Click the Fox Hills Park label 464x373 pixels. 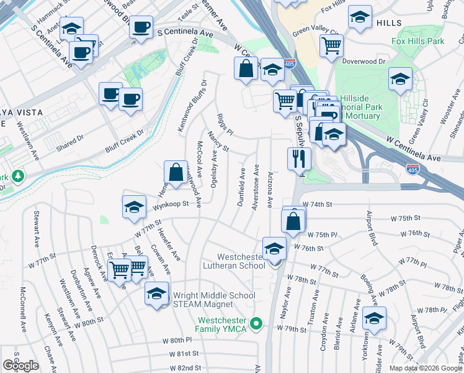click(x=418, y=41)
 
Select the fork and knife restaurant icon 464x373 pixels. click(x=299, y=159)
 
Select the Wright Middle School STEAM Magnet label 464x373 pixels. click(x=214, y=300)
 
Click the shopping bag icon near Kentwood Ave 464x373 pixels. click(x=176, y=172)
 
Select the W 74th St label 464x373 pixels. click(x=318, y=204)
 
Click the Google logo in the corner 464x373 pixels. click(x=20, y=366)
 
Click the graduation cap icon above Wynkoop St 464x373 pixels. click(x=134, y=209)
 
